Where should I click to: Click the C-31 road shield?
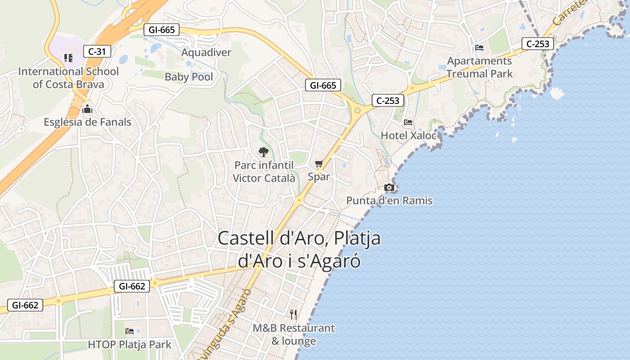click(97, 51)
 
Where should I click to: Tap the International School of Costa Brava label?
click(68, 78)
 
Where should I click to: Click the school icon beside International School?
click(68, 58)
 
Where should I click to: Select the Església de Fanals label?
click(87, 122)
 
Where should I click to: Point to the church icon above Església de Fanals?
click(87, 109)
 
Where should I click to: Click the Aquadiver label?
click(206, 53)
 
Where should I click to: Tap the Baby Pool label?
click(189, 77)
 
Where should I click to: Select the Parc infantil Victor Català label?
click(264, 172)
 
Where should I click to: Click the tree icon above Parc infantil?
click(264, 152)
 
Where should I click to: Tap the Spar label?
click(319, 177)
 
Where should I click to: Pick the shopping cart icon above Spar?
click(319, 164)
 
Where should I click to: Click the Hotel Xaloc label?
click(409, 135)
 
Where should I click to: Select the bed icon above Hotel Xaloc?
click(408, 122)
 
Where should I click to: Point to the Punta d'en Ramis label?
click(389, 201)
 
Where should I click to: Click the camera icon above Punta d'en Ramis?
click(389, 187)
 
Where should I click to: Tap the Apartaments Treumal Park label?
click(479, 67)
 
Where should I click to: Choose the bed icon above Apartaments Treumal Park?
click(479, 48)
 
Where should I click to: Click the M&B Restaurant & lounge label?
click(293, 335)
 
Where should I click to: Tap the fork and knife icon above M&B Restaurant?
click(293, 314)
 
